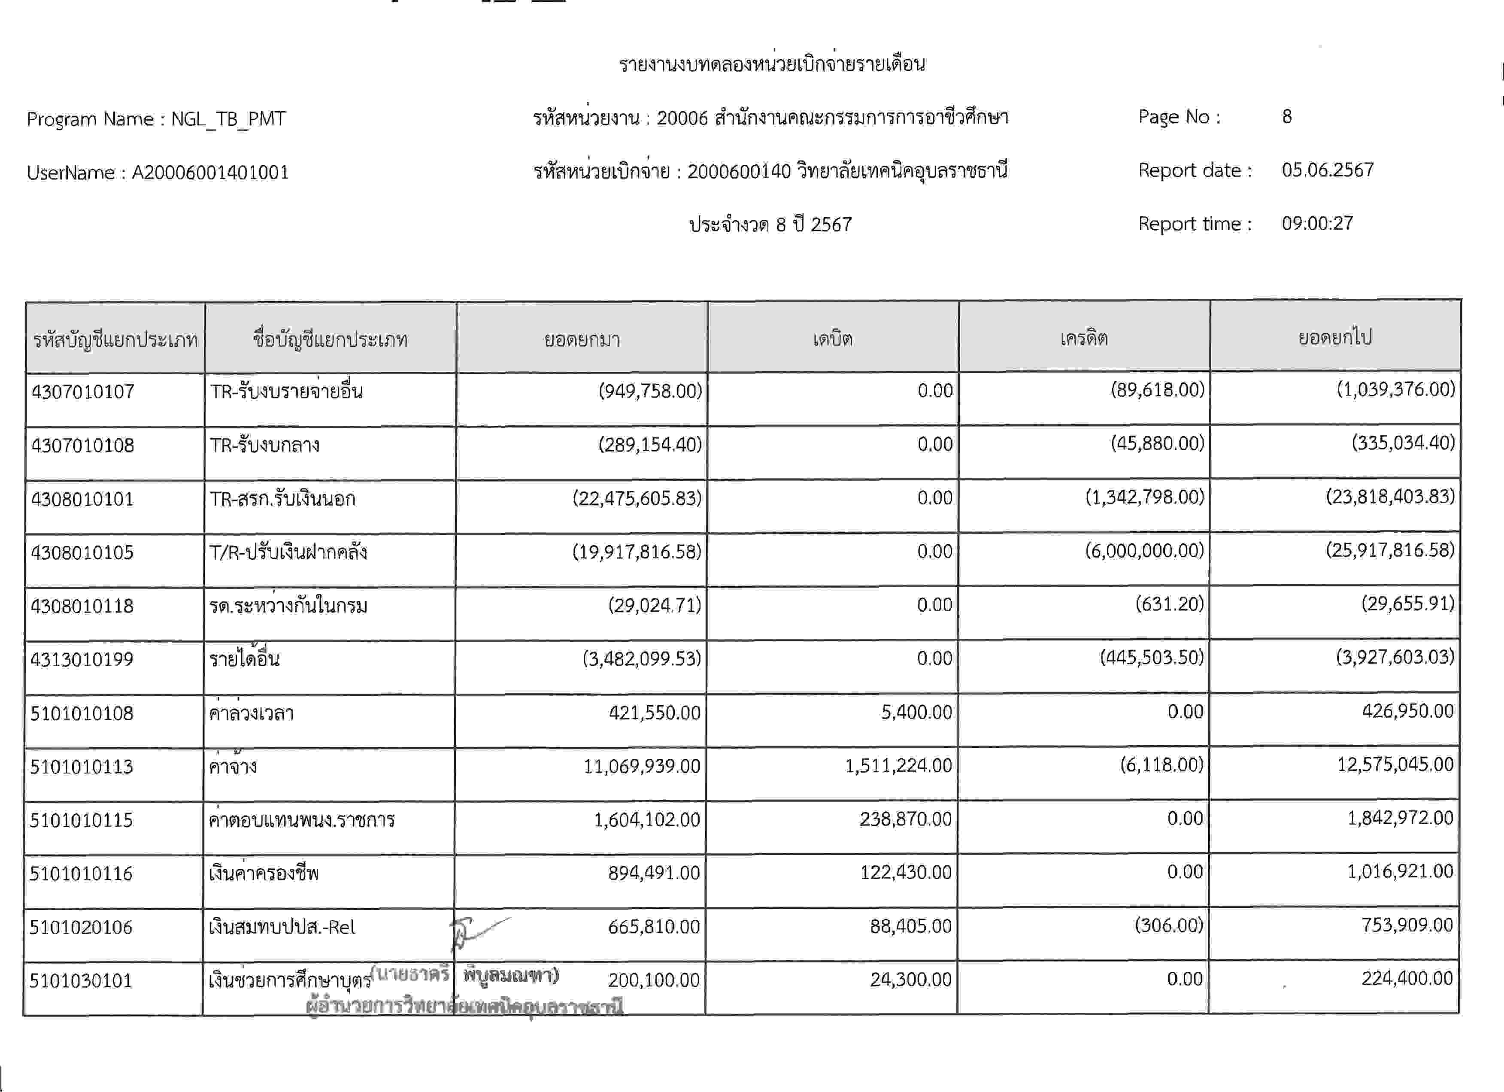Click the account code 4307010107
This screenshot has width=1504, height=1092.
click(83, 391)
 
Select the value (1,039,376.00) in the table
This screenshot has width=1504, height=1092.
click(1395, 389)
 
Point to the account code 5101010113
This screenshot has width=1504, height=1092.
click(82, 767)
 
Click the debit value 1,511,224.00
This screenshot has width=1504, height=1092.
click(898, 766)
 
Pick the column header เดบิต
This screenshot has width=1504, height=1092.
click(833, 339)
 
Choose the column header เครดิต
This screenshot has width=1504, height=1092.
click(1083, 338)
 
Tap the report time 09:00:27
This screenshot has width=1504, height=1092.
click(1317, 224)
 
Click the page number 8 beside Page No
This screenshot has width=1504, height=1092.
click(1286, 117)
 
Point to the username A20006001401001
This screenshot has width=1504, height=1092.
click(210, 173)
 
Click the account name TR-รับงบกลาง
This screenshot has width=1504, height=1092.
click(264, 444)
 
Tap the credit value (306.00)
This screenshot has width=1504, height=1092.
click(1168, 925)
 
